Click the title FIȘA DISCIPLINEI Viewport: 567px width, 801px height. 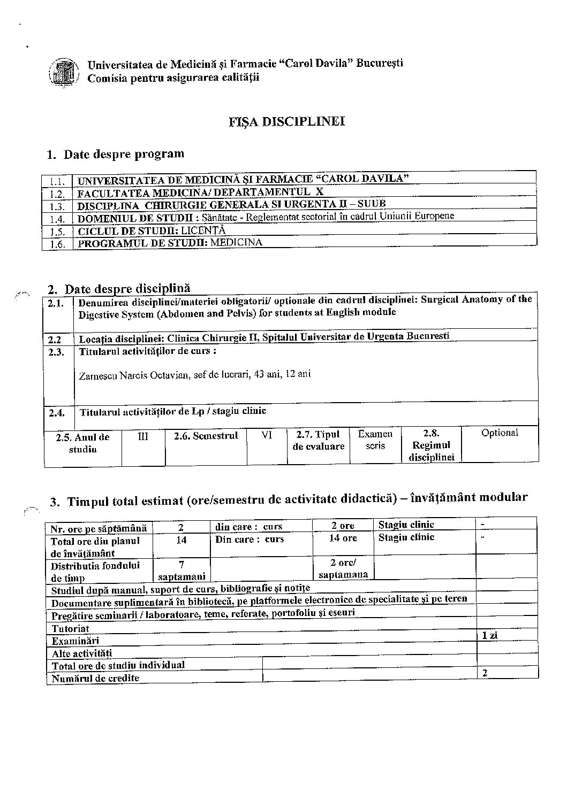(286, 122)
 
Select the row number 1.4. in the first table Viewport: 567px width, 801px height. (57, 219)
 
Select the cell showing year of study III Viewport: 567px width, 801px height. (143, 436)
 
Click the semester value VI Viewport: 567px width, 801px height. (267, 435)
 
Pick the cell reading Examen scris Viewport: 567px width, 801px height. (375, 440)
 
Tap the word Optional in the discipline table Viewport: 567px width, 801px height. (500, 433)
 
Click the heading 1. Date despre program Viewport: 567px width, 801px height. (116, 155)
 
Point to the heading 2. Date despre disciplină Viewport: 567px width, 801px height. (119, 289)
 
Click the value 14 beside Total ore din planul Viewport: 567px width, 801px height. (182, 540)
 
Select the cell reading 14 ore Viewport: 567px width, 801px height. (343, 538)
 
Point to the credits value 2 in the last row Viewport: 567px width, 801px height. (485, 673)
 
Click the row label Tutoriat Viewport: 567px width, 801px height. (70, 629)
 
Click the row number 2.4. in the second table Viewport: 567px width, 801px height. (57, 413)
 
